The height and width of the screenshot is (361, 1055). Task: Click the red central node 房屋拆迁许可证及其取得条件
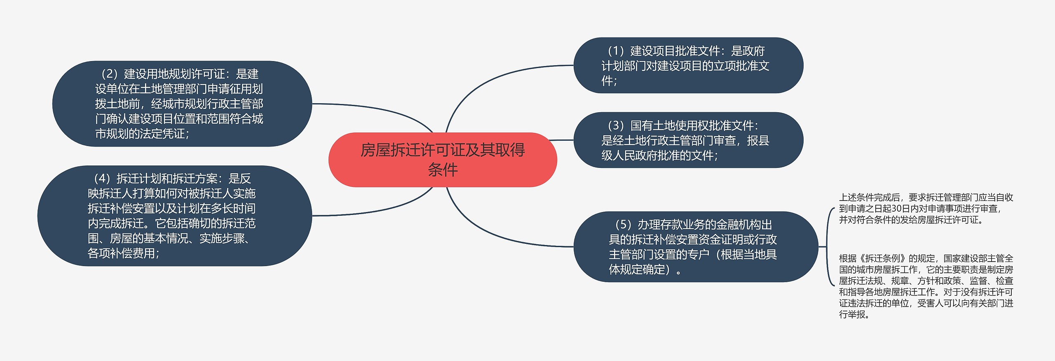click(x=443, y=160)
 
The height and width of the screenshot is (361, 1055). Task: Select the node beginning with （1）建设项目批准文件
click(x=688, y=65)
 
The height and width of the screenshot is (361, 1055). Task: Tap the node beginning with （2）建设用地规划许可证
click(x=182, y=104)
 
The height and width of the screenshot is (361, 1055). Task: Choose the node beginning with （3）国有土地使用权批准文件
click(x=688, y=140)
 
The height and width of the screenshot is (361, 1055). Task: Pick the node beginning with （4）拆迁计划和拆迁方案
click(x=175, y=216)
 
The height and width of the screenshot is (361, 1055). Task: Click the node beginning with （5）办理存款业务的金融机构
click(x=696, y=247)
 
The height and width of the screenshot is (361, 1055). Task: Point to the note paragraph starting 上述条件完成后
click(x=926, y=209)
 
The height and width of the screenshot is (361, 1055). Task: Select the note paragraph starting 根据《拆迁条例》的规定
click(x=926, y=286)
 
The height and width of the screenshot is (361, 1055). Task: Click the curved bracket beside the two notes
click(x=828, y=247)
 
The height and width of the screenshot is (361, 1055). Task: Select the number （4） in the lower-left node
click(x=102, y=179)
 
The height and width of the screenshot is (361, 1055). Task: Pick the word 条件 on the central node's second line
click(x=443, y=170)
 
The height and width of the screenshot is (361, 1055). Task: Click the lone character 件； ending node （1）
click(x=609, y=80)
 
